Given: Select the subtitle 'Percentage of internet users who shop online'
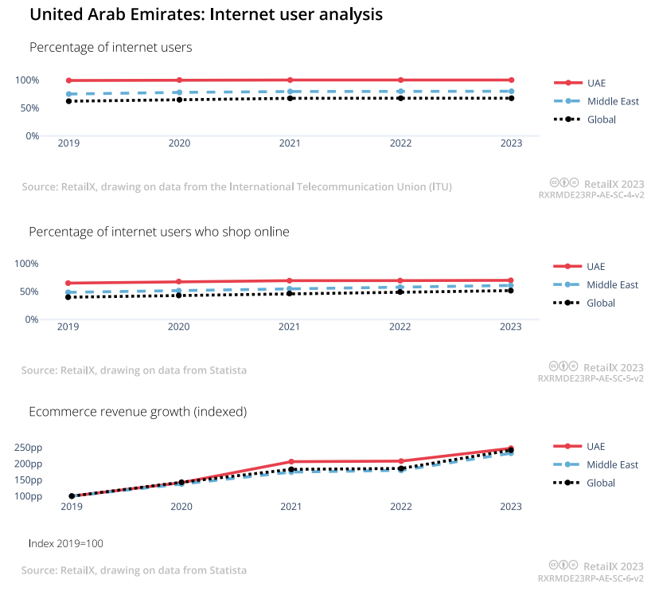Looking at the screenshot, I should (159, 232).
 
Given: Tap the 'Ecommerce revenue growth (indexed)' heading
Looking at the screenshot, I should (138, 412).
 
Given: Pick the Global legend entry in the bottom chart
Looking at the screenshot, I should (600, 483).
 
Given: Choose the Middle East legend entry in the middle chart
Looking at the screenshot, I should (612, 284).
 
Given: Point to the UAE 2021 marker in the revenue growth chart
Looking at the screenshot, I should (290, 462).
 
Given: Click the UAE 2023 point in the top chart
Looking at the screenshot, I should (511, 80).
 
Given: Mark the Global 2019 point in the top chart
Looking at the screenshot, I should (69, 101).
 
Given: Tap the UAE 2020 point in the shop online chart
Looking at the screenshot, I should (179, 282).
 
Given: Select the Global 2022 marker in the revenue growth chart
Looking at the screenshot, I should (401, 468).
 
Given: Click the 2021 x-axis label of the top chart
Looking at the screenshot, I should (290, 143).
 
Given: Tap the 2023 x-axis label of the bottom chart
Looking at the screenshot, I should (510, 507).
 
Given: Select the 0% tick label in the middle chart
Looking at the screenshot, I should (32, 319).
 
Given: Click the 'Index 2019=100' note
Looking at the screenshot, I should (66, 543).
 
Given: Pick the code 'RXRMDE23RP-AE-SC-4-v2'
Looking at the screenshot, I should (591, 194).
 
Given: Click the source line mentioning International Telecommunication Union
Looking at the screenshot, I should (236, 187).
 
